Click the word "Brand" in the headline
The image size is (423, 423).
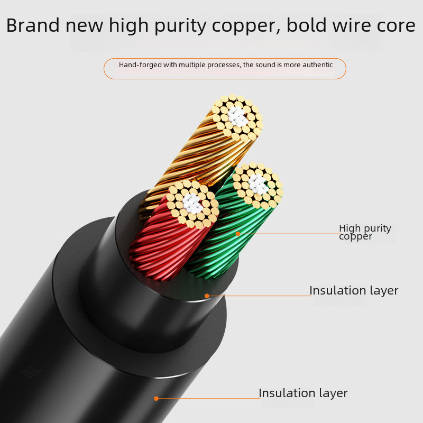[x=30, y=25]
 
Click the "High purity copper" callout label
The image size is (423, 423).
[x=365, y=232]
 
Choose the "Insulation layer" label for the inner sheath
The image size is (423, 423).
[x=354, y=290]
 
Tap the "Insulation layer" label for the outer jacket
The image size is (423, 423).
[x=303, y=393]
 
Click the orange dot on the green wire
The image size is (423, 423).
[x=238, y=233]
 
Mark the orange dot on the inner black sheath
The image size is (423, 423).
[x=207, y=296]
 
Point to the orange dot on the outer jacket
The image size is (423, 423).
[x=156, y=398]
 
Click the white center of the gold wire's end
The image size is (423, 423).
[x=237, y=117]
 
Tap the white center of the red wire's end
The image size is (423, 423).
[x=192, y=203]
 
